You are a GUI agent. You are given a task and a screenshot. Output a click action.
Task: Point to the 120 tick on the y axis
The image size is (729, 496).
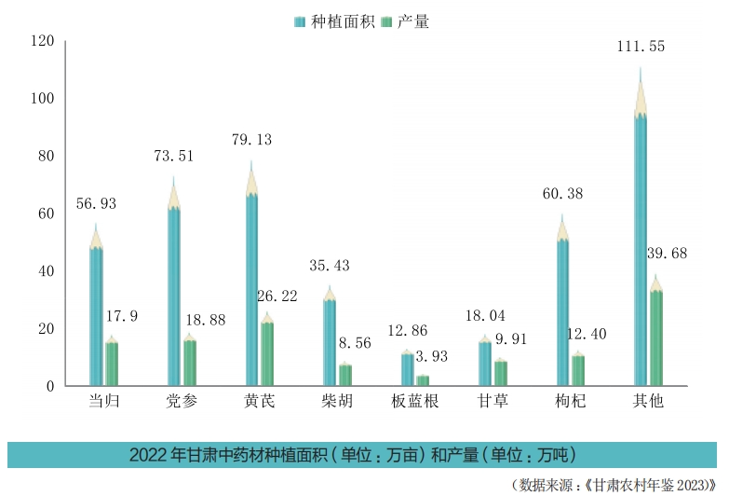click(43, 41)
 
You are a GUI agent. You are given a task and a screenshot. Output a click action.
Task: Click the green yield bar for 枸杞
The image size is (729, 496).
click(578, 369)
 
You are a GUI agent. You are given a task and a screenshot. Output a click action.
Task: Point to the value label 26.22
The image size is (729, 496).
click(279, 296)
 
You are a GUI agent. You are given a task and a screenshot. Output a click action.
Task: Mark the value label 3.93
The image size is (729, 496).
click(431, 355)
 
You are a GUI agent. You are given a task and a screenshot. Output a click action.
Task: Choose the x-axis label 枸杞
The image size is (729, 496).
click(570, 403)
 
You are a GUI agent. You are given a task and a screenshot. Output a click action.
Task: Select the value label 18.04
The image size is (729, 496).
click(484, 317)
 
